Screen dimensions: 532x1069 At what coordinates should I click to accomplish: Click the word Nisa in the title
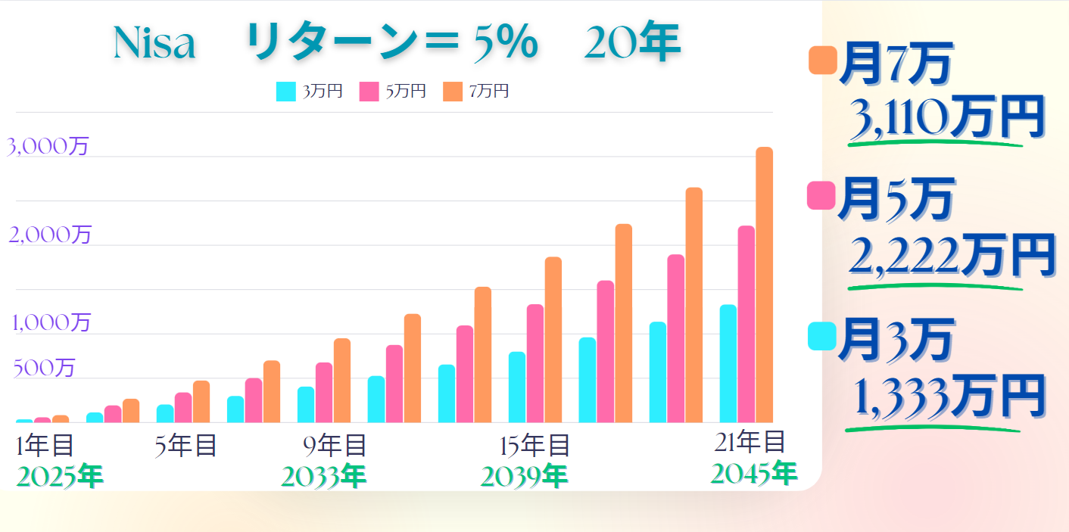(154, 44)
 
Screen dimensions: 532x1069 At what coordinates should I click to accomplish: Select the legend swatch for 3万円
(286, 91)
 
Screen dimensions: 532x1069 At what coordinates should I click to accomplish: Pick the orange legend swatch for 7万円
(453, 91)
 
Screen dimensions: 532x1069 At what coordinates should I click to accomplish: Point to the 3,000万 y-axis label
(48, 146)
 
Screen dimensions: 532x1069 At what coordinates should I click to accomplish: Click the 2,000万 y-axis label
(50, 235)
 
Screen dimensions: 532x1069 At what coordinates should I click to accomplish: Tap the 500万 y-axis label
(44, 368)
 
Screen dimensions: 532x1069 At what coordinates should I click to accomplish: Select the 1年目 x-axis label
(45, 446)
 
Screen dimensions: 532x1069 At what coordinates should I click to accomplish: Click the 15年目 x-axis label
(535, 446)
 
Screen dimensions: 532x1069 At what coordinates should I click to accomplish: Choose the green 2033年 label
(323, 477)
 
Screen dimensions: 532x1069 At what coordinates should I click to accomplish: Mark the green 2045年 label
(754, 474)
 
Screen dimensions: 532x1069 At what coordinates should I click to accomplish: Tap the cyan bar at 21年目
(728, 363)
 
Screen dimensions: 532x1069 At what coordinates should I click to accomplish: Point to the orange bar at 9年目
(342, 380)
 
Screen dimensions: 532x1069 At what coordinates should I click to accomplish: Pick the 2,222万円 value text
(951, 257)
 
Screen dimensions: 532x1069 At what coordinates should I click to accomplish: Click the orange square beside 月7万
(822, 61)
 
